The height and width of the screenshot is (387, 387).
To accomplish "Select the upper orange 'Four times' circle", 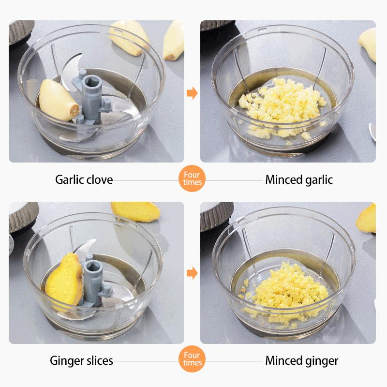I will pyautogui.click(x=192, y=179).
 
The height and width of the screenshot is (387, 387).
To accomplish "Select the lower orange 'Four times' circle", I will pyautogui.click(x=192, y=360).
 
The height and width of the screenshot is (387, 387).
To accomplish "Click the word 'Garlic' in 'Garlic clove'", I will pyautogui.click(x=70, y=180).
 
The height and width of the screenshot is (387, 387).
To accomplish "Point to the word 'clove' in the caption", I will pyautogui.click(x=100, y=180).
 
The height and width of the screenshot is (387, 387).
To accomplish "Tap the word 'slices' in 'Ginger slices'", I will pyautogui.click(x=97, y=360).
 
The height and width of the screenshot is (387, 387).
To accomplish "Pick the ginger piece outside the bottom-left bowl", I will pyautogui.click(x=135, y=211).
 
